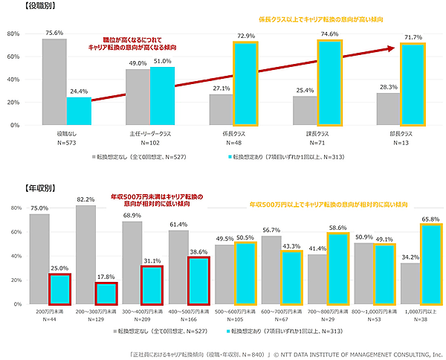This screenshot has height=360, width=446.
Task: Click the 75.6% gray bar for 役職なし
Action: click(x=54, y=82)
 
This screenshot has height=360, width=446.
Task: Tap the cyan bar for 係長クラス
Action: click(x=246, y=84)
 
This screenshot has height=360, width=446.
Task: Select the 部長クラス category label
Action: click(x=400, y=134)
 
